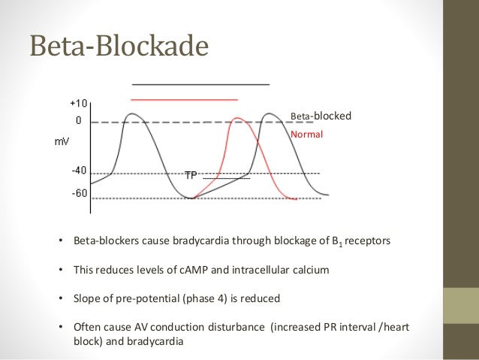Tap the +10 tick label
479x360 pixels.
(x=77, y=104)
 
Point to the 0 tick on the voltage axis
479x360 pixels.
(x=78, y=119)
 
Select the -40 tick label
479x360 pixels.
(x=79, y=171)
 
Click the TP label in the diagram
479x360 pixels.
(x=191, y=175)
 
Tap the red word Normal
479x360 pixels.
(x=306, y=135)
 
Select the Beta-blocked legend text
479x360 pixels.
(x=321, y=116)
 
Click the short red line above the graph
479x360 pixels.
(x=184, y=99)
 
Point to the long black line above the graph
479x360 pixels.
(x=200, y=83)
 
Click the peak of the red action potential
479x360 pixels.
(x=237, y=118)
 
